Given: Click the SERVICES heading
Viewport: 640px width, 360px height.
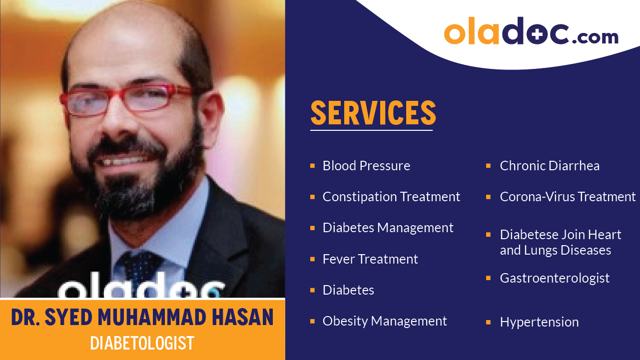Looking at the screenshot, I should (373, 113).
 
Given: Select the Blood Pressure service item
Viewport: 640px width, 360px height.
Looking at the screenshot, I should (366, 166).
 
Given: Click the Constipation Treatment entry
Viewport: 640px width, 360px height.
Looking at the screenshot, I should (391, 197).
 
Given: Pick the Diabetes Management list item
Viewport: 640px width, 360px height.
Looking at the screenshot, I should (388, 228).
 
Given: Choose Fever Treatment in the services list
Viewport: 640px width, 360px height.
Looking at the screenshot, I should (370, 259).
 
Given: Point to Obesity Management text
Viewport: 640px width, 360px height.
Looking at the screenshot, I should (385, 321).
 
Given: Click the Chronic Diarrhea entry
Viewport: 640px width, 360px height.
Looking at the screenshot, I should (550, 166).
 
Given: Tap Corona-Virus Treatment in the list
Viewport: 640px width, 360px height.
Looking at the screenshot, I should (568, 197).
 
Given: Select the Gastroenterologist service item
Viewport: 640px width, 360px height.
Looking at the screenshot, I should (555, 278).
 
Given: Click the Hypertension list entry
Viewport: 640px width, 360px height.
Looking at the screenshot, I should (539, 322).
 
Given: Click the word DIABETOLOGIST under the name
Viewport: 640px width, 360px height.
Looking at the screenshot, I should (142, 343).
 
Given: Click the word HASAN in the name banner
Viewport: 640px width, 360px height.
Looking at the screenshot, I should (246, 318).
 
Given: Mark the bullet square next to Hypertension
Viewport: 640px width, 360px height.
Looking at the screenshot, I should (488, 322).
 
